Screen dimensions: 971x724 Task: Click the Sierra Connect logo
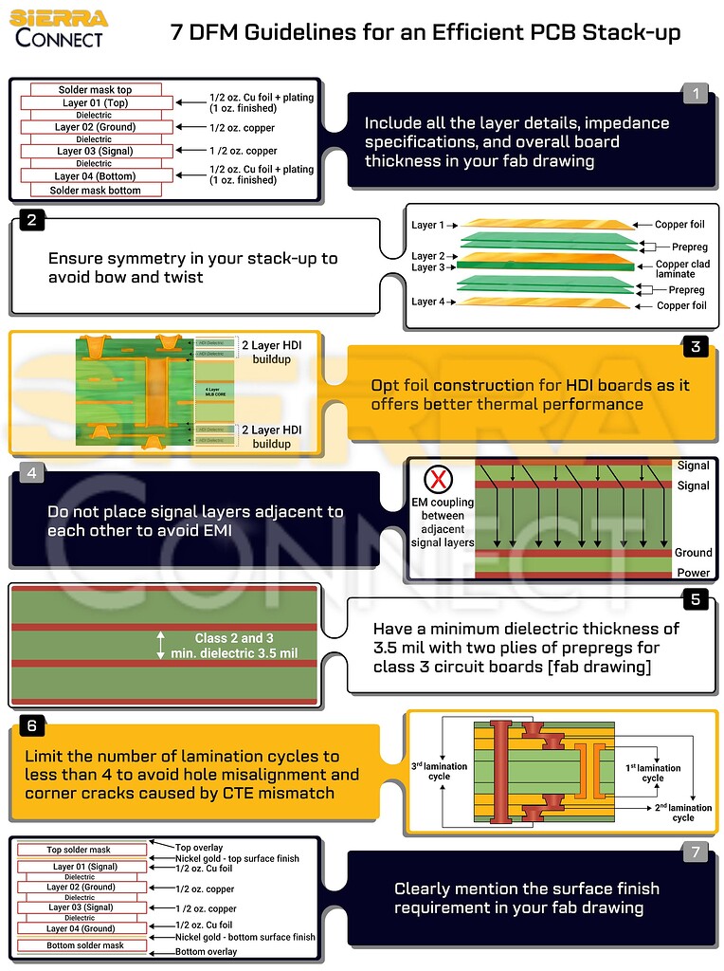[59, 27]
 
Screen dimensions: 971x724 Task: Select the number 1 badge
[696, 93]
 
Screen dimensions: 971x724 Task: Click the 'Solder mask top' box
[95, 90]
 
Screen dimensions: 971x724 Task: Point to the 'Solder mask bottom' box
[95, 190]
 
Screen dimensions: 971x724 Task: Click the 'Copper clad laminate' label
[682, 269]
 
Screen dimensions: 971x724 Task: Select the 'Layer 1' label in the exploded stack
[427, 226]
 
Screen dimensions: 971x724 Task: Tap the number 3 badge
[696, 347]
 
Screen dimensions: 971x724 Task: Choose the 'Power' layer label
[694, 573]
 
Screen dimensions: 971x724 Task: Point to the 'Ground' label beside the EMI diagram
[693, 553]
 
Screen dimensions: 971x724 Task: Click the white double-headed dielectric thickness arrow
[160, 645]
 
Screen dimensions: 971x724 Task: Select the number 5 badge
[696, 599]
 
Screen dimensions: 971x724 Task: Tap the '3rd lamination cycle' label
[438, 770]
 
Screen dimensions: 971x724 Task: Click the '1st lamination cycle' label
[653, 773]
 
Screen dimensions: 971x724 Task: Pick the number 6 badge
[31, 725]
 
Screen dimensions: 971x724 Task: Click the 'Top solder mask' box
[80, 850]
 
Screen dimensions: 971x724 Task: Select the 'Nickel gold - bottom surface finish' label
[245, 937]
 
